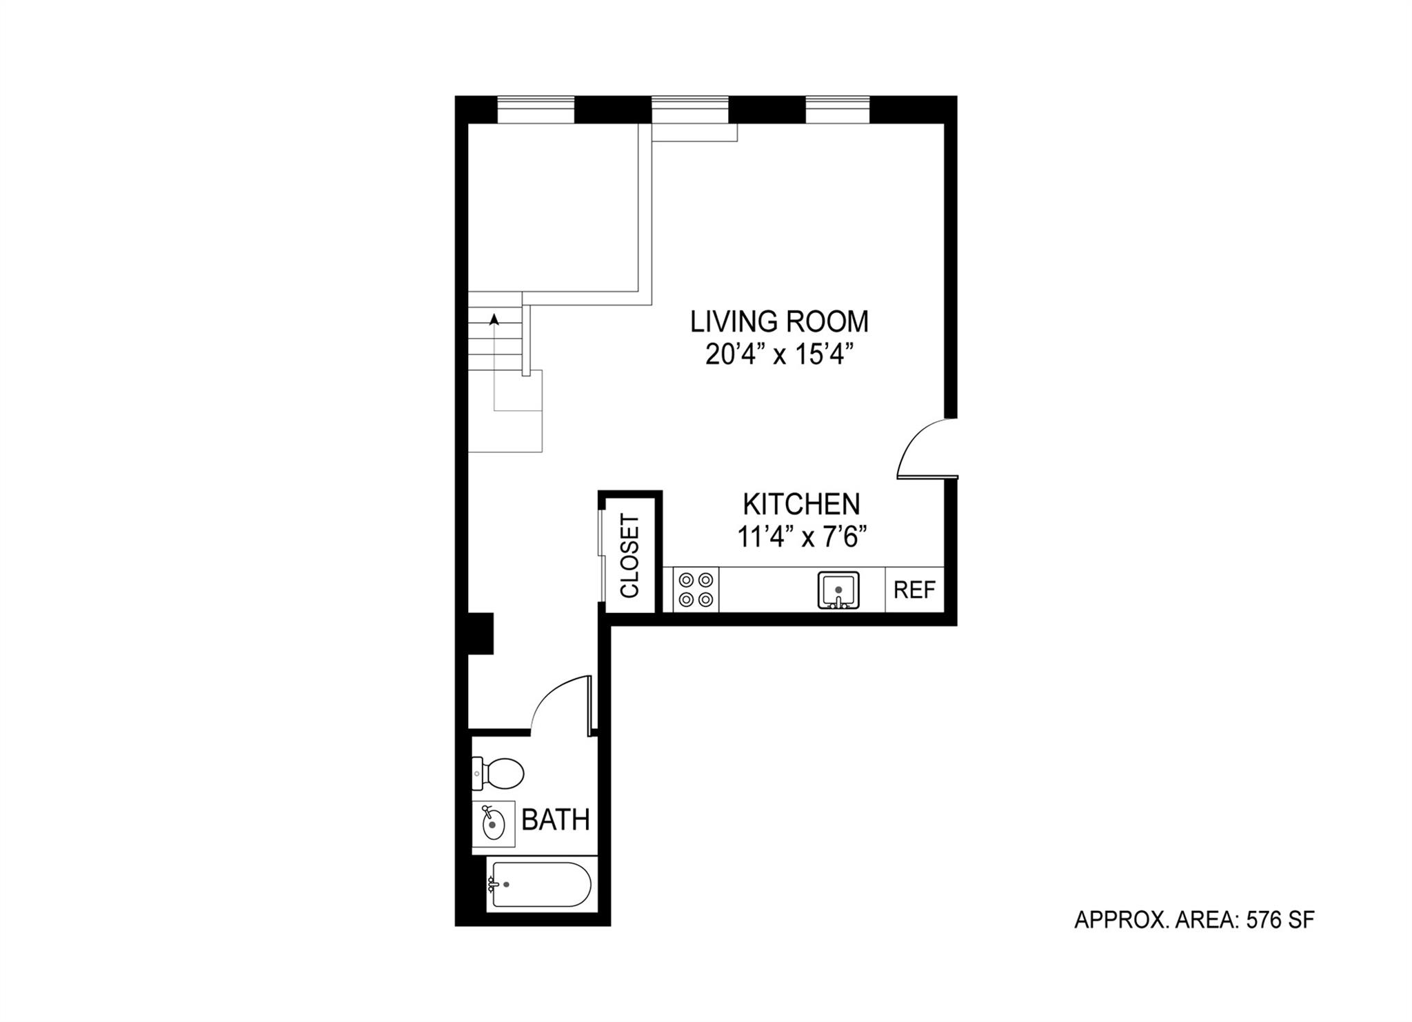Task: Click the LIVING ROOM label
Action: (779, 322)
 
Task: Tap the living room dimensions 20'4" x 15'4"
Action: (779, 356)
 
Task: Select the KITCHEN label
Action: (801, 504)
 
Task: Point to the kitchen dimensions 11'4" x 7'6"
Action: (801, 537)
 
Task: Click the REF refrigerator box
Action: (914, 590)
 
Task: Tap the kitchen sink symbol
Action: (838, 590)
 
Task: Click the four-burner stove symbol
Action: (696, 590)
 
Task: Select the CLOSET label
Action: (630, 556)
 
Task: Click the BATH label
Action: (556, 820)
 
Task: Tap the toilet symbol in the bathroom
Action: (499, 773)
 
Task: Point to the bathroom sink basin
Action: (492, 823)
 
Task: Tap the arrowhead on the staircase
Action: (494, 319)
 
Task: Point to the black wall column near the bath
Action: (481, 633)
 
